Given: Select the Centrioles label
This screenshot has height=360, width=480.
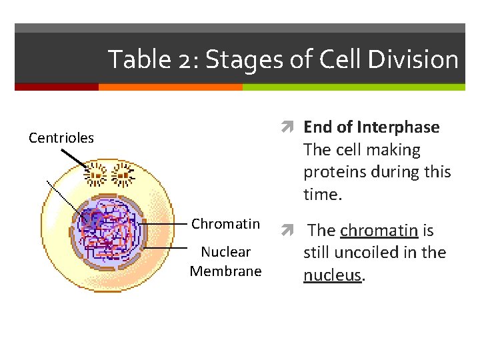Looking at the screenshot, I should (x=61, y=139).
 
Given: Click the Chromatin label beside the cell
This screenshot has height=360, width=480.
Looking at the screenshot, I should (x=225, y=224).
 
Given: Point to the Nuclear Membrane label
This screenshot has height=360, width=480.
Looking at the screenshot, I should (x=225, y=261).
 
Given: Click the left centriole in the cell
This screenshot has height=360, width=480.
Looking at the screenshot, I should (x=96, y=176).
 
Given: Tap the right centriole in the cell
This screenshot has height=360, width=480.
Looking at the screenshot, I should (x=123, y=176).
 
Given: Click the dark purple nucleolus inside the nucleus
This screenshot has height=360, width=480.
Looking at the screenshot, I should (x=90, y=221).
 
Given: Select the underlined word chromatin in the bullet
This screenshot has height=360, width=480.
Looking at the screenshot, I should (x=379, y=231).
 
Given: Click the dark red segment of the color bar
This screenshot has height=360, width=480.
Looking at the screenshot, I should (x=56, y=87).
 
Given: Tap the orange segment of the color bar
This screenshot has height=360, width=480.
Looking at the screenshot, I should (x=170, y=87).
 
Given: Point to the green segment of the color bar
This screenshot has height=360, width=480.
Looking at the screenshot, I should (x=353, y=87).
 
